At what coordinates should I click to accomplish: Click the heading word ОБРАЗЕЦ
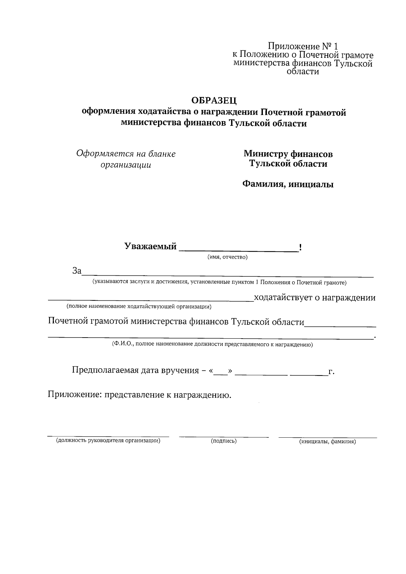pyautogui.click(x=214, y=100)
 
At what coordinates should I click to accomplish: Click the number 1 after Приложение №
pyautogui.click(x=336, y=46)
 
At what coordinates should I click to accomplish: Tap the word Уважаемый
pyautogui.click(x=150, y=246)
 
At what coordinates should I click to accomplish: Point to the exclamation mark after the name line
pyautogui.click(x=300, y=248)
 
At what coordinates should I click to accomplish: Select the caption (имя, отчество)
pyautogui.click(x=227, y=257)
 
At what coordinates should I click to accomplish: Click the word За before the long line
pyautogui.click(x=77, y=271)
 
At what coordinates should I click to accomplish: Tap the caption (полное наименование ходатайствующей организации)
pyautogui.click(x=139, y=307)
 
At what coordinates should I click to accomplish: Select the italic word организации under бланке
pyautogui.click(x=126, y=165)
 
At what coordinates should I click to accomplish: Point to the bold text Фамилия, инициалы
pyautogui.click(x=288, y=184)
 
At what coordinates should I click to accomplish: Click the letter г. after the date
pyautogui.click(x=331, y=372)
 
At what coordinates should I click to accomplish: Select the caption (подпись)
pyautogui.click(x=223, y=441)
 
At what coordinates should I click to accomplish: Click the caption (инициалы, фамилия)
pyautogui.click(x=327, y=442)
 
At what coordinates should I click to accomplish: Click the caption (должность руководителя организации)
pyautogui.click(x=108, y=441)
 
